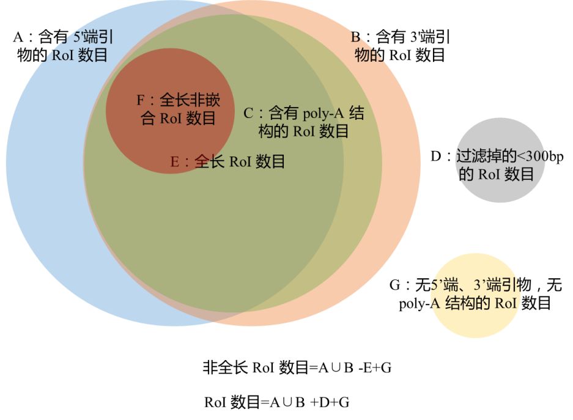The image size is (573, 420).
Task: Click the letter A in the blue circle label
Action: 18,37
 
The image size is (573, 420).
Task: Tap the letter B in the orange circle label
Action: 356,37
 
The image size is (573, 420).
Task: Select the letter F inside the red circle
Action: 141,100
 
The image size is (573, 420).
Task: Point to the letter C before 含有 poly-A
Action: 248,113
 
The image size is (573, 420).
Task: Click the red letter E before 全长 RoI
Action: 175,162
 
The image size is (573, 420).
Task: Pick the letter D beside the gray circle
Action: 436,157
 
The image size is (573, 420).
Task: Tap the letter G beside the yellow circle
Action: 395,286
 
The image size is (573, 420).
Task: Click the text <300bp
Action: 540,157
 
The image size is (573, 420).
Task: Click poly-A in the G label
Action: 420,304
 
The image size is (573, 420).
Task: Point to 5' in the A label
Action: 78,37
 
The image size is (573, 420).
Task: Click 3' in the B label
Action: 415,37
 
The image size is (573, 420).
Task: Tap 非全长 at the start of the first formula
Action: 225,367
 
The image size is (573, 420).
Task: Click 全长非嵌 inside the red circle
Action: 190,100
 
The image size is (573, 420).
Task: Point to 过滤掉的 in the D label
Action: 486,157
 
